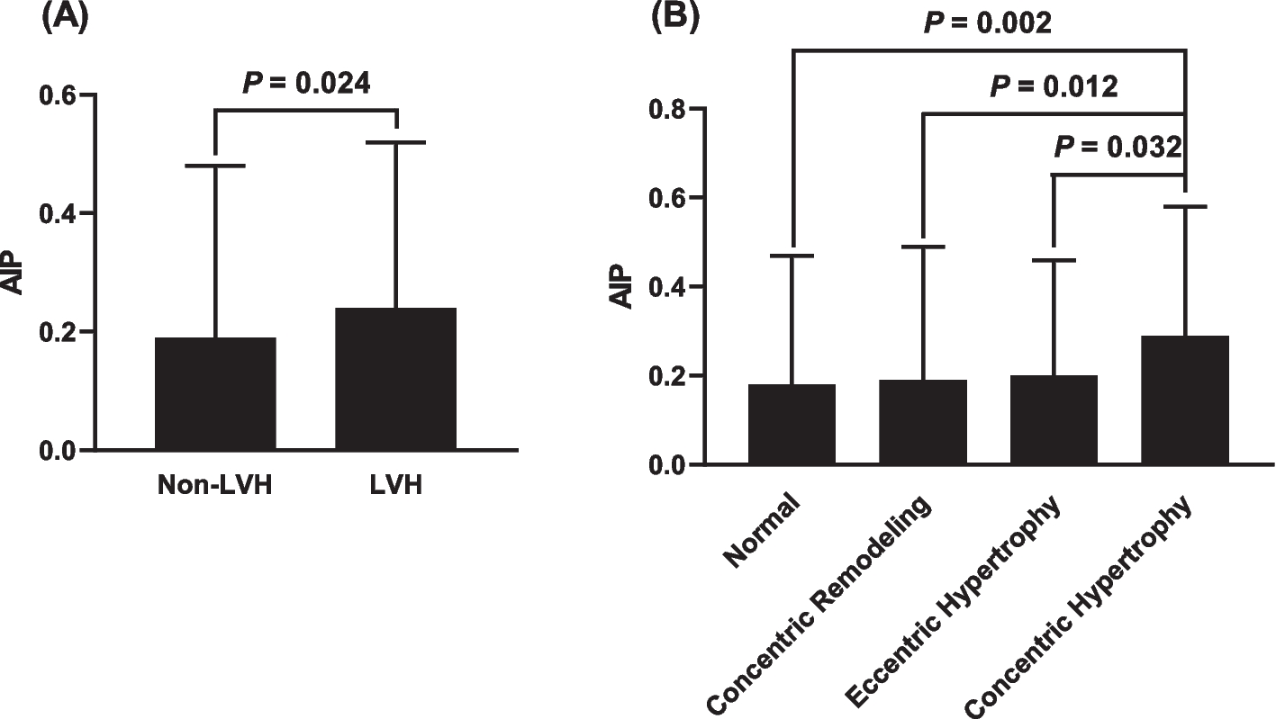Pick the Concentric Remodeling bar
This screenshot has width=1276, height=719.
pyautogui.click(x=923, y=421)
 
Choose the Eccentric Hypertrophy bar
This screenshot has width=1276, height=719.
pyautogui.click(x=1054, y=419)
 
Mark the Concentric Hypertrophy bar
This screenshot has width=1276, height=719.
pyautogui.click(x=1185, y=400)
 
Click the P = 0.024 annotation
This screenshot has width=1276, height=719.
pyautogui.click(x=306, y=84)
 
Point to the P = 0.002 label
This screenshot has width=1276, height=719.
pyautogui.click(x=987, y=22)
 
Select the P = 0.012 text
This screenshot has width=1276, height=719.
pyautogui.click(x=1054, y=86)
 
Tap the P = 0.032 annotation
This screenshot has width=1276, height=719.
pyautogui.click(x=1117, y=146)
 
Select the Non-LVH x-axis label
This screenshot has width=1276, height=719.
pyautogui.click(x=215, y=486)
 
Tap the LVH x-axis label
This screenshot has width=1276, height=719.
pyautogui.click(x=396, y=486)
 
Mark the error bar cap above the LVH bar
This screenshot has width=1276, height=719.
pyautogui.click(x=395, y=142)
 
